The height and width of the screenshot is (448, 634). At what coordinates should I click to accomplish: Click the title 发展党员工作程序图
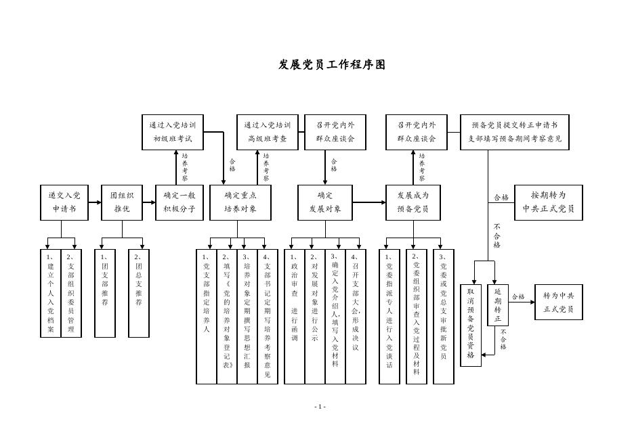tap(332, 65)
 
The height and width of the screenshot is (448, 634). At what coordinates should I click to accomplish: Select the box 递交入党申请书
tap(64, 202)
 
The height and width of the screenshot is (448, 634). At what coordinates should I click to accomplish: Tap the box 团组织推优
tap(122, 202)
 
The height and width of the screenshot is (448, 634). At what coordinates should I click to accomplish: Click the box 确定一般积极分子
tap(179, 202)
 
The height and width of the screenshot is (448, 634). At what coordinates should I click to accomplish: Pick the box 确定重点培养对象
tap(240, 202)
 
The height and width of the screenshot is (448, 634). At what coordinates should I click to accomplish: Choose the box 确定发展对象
tap(325, 202)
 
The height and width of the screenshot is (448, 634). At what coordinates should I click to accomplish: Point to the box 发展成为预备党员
tap(413, 202)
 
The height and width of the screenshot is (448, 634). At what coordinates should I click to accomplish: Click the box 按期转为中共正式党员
tap(548, 202)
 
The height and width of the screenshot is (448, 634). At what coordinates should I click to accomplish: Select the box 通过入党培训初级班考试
tap(172, 132)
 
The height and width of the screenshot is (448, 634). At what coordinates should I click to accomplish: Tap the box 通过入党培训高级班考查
tap(267, 132)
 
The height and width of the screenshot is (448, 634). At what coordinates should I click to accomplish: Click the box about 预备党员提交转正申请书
tap(515, 132)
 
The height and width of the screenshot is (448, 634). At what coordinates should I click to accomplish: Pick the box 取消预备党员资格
tap(471, 326)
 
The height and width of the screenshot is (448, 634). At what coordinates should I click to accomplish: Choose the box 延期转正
tap(498, 305)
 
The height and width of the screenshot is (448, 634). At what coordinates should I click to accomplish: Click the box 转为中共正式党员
tap(558, 303)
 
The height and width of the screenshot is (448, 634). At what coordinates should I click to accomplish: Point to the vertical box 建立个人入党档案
tap(51, 293)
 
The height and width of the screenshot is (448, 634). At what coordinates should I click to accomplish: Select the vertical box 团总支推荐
tap(139, 293)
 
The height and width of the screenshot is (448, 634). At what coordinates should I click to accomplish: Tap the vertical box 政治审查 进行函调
tap(295, 316)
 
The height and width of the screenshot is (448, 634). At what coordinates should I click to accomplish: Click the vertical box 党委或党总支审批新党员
tap(444, 316)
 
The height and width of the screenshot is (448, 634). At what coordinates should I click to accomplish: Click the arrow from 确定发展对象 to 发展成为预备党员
tap(369, 202)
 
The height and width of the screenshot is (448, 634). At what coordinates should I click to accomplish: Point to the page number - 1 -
tap(320, 407)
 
